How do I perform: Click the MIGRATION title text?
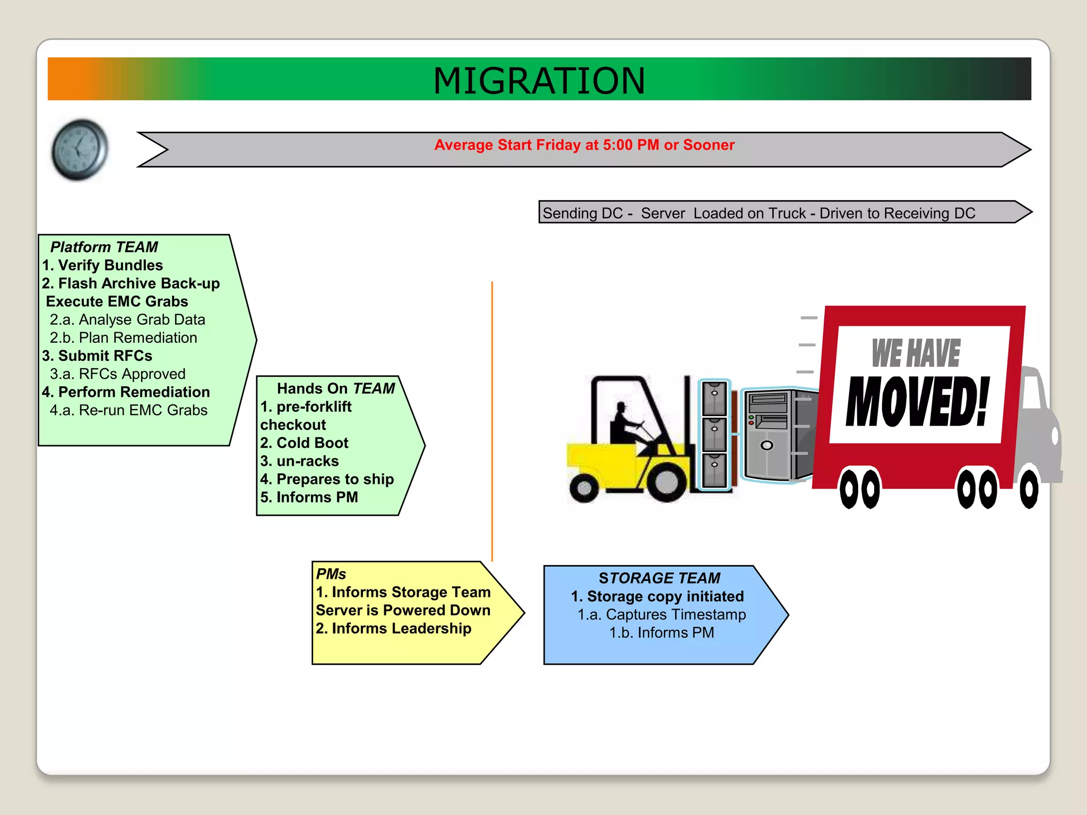coord(539,81)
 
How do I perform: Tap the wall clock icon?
coord(80,150)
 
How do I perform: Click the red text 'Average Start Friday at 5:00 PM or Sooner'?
coord(584,145)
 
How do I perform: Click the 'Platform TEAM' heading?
coord(104,247)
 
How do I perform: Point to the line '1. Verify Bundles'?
coord(103,265)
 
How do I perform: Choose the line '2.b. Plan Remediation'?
coord(123,338)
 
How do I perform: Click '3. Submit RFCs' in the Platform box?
coord(98,356)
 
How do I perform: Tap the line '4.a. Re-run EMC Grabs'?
coord(128,410)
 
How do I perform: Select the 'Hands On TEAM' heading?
coord(335,388)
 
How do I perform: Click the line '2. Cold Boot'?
coord(305,443)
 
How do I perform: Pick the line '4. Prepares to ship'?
coord(327,479)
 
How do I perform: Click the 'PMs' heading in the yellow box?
coord(331,574)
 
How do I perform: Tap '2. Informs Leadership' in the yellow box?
coord(393,629)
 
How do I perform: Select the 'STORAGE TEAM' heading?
coord(659,578)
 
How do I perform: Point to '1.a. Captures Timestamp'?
coord(661,614)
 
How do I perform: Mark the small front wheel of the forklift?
coord(584,488)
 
